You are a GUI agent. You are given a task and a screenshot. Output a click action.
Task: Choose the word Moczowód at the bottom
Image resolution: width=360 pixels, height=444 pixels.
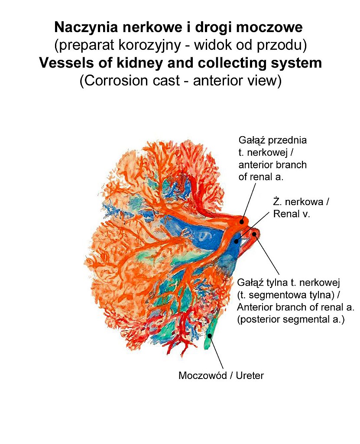click(x=202, y=375)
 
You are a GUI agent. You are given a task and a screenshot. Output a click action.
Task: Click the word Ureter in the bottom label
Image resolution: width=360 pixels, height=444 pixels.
click(x=249, y=375)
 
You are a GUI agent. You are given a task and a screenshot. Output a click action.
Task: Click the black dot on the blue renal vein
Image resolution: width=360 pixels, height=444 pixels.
click(x=237, y=241)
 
